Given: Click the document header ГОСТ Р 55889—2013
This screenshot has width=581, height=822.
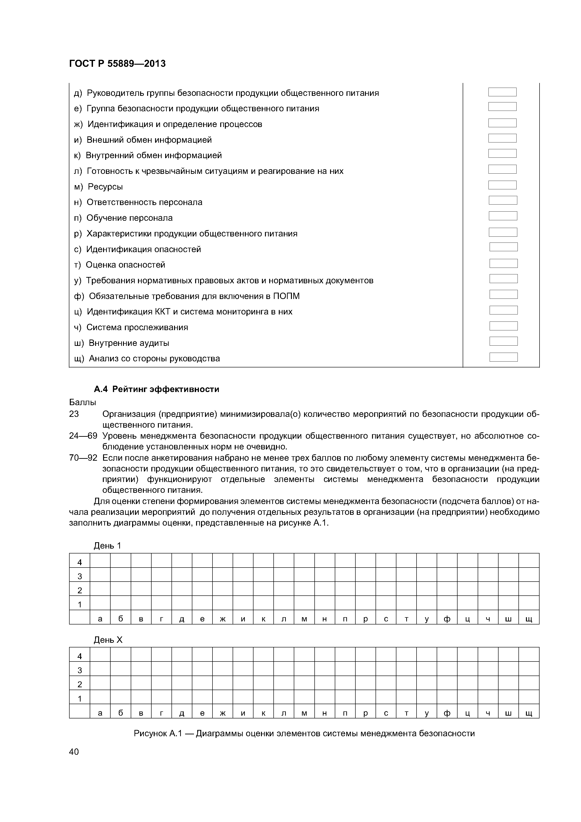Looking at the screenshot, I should (x=117, y=64).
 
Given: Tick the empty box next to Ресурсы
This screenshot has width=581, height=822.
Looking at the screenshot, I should (x=502, y=185).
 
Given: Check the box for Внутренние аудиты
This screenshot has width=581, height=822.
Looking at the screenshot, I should (x=503, y=341).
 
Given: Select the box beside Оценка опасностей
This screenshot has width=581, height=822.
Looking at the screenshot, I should (x=503, y=264).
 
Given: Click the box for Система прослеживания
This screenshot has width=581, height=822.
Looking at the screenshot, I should (x=503, y=326).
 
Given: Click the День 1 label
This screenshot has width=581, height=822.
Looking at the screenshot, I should (x=107, y=546).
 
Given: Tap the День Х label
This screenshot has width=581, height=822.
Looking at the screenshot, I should (x=108, y=640).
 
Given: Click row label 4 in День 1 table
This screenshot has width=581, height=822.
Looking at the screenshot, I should (x=79, y=562).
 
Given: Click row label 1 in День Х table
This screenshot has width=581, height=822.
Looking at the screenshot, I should (x=79, y=699).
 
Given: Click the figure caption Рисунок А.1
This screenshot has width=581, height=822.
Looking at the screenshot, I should (x=304, y=734).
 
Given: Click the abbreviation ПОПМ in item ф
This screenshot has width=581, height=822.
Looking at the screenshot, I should (x=286, y=296).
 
